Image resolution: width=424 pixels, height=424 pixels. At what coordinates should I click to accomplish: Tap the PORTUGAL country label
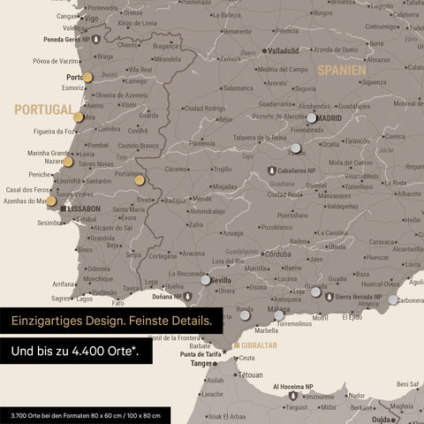(x=42, y=110)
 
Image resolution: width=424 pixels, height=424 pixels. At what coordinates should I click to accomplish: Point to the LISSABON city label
(x=83, y=208)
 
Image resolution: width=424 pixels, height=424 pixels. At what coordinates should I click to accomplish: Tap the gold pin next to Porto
(x=87, y=77)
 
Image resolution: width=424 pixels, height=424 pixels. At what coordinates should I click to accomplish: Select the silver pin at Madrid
(x=311, y=117)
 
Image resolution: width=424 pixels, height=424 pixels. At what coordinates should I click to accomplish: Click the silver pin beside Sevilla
(x=206, y=279)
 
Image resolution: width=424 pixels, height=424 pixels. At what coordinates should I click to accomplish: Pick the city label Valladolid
(x=284, y=50)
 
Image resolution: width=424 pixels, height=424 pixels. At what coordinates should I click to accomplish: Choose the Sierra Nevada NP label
(x=357, y=297)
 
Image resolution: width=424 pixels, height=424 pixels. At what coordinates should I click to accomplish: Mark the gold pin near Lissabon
(x=51, y=201)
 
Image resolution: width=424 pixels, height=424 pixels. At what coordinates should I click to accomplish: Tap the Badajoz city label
(x=175, y=200)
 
